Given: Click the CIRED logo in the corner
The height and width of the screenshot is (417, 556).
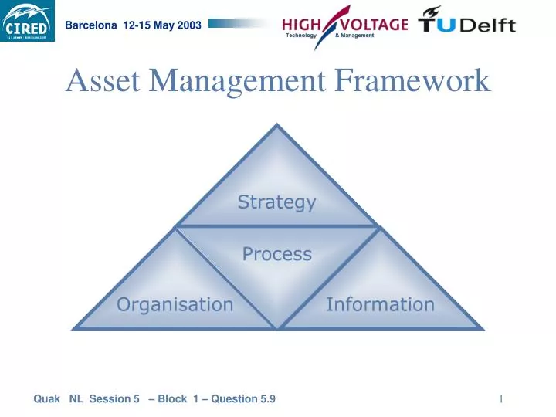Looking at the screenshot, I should coord(28,22).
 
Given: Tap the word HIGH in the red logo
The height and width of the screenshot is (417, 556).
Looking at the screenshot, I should coord(302,24).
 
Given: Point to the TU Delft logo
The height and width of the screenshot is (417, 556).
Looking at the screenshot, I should coord(466,21).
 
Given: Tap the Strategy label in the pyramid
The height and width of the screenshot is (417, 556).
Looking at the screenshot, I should coord(276,202).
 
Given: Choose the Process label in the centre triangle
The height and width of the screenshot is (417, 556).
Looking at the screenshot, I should coord(276,254).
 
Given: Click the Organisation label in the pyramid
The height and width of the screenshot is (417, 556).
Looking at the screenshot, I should coord(175,304).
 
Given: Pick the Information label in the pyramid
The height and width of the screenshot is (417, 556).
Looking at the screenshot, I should coord(380,304).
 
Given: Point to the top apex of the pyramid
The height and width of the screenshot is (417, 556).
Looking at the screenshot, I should coord(277,127).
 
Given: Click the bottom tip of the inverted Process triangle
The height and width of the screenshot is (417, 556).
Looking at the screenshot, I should coord(277,327).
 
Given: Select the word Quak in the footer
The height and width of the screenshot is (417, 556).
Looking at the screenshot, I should coord(47,398).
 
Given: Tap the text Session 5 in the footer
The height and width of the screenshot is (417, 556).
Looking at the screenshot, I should coord(114,398).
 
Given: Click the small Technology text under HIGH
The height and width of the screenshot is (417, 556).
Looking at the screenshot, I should coord(301,36).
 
